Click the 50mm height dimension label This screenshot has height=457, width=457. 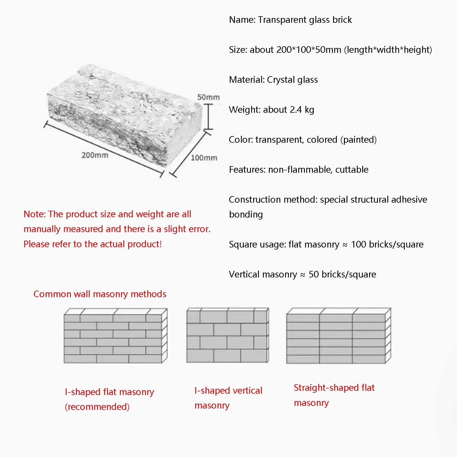tap(208, 97)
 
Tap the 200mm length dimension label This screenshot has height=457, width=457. tap(95, 155)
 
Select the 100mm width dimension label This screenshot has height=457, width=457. tap(204, 158)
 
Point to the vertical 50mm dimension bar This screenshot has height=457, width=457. tap(209, 117)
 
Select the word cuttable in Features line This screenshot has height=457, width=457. tap(352, 170)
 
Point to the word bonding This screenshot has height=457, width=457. tap(246, 214)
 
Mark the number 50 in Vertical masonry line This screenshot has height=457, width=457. tap(314, 274)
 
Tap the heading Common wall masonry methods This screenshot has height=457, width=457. tap(100, 294)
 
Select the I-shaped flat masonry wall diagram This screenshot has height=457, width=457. tap(115, 335)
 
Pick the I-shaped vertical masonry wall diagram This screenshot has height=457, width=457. tap(228, 335)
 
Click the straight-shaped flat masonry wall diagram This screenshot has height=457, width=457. tap(338, 336)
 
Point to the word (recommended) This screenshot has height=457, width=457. tap(97, 407)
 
